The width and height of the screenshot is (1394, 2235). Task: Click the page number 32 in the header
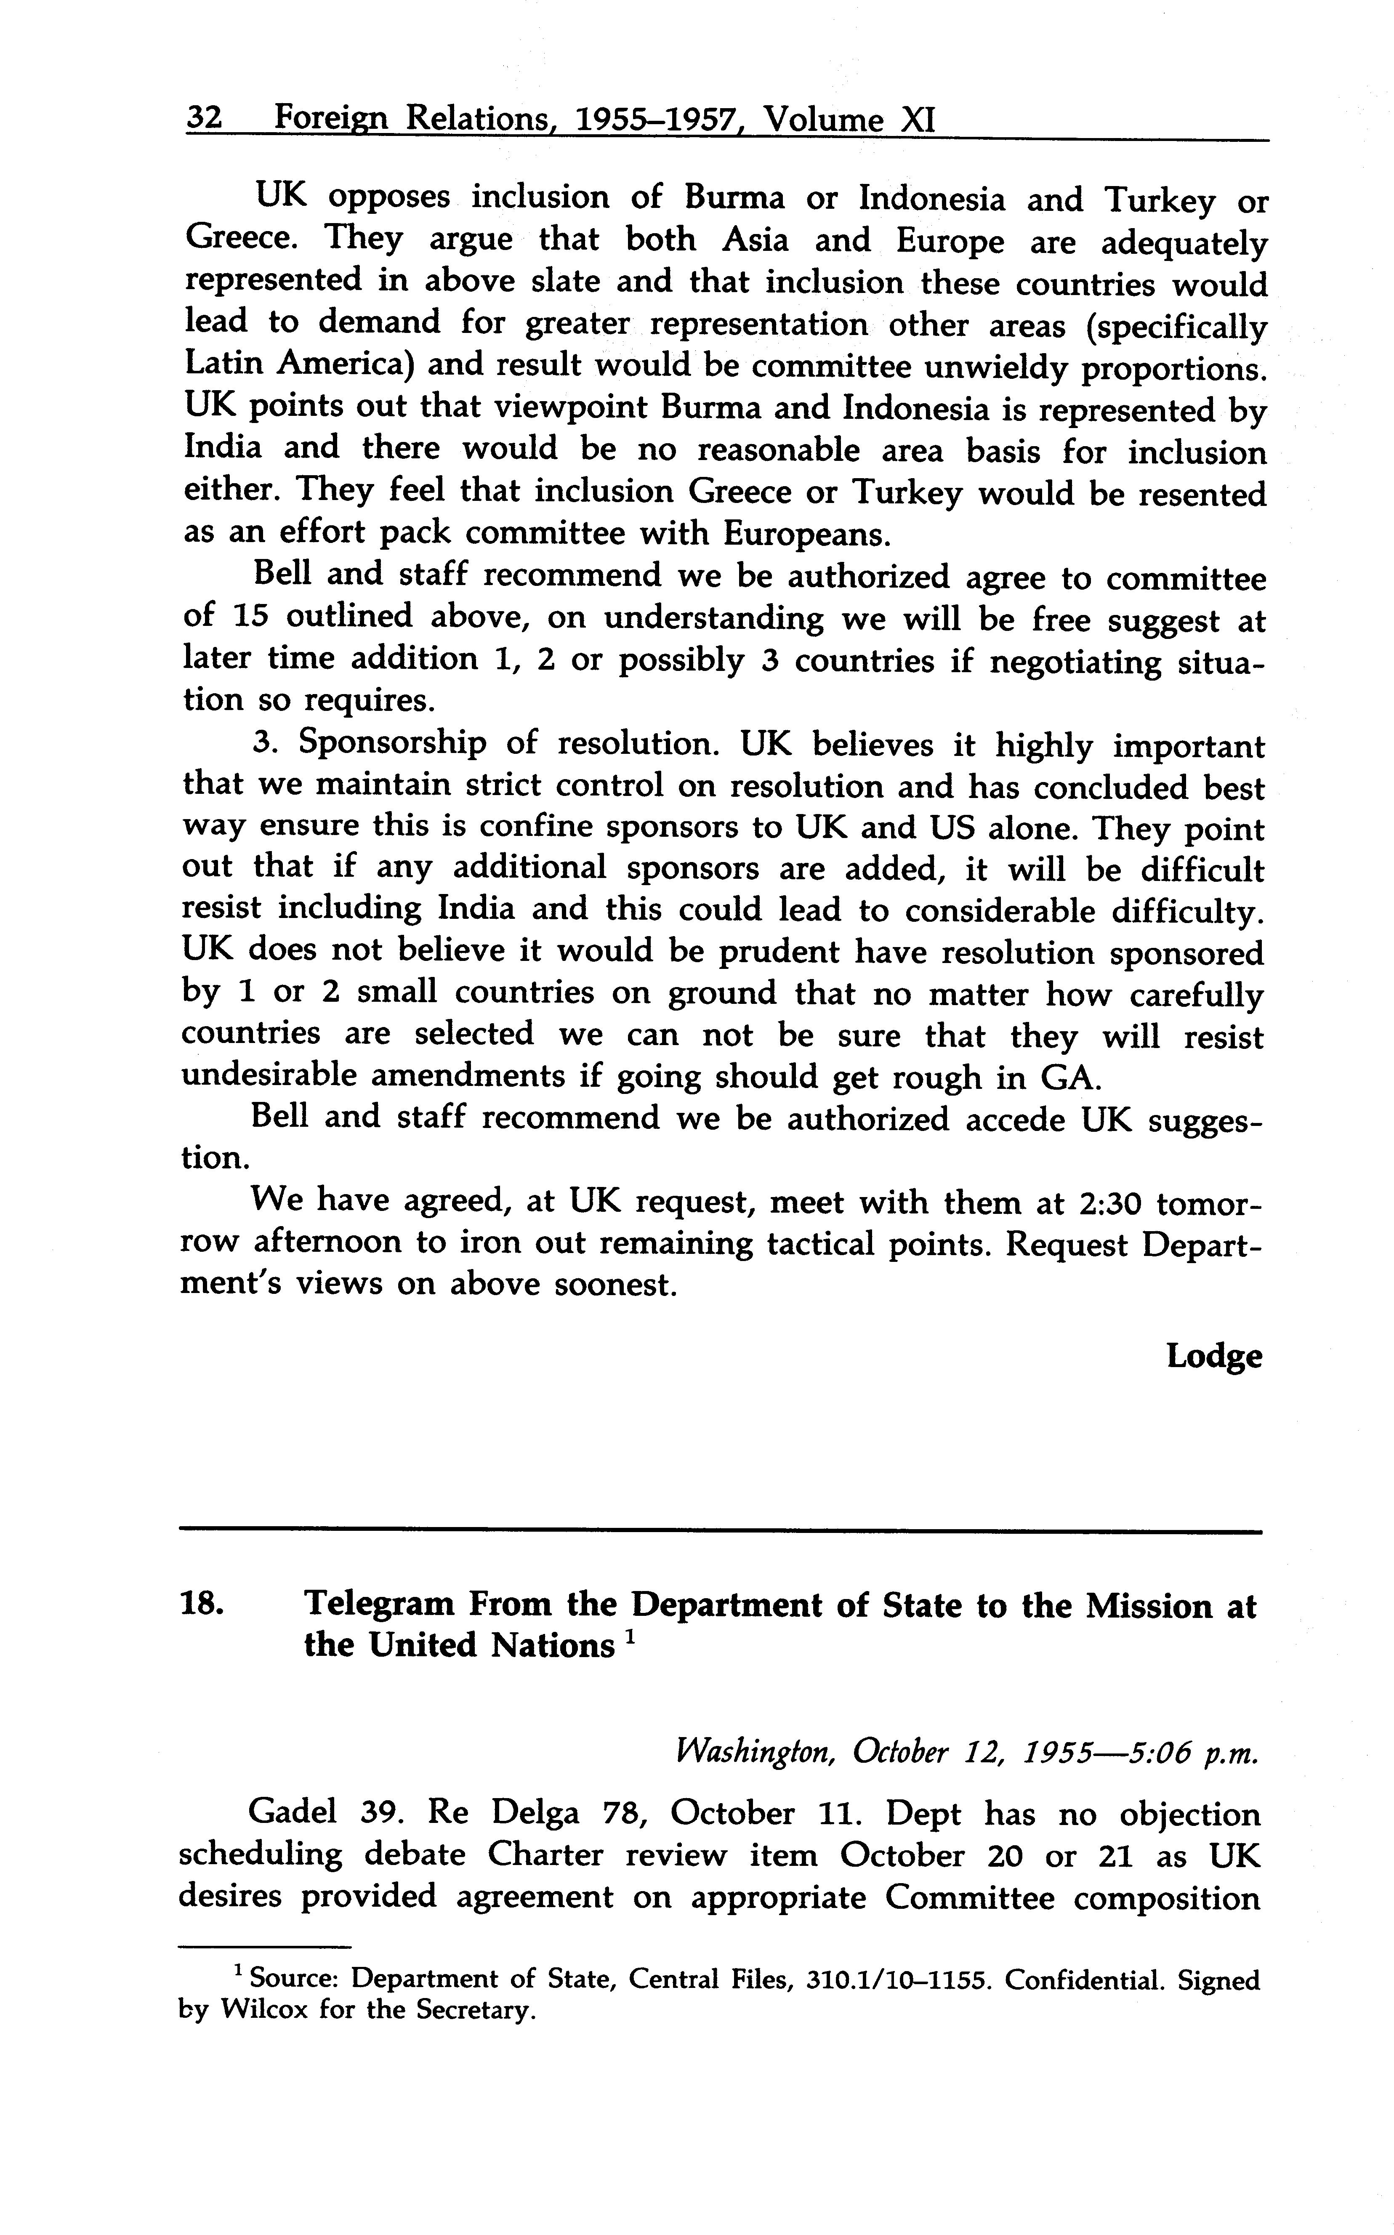(x=204, y=119)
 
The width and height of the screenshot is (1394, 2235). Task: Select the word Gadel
(x=293, y=1814)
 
